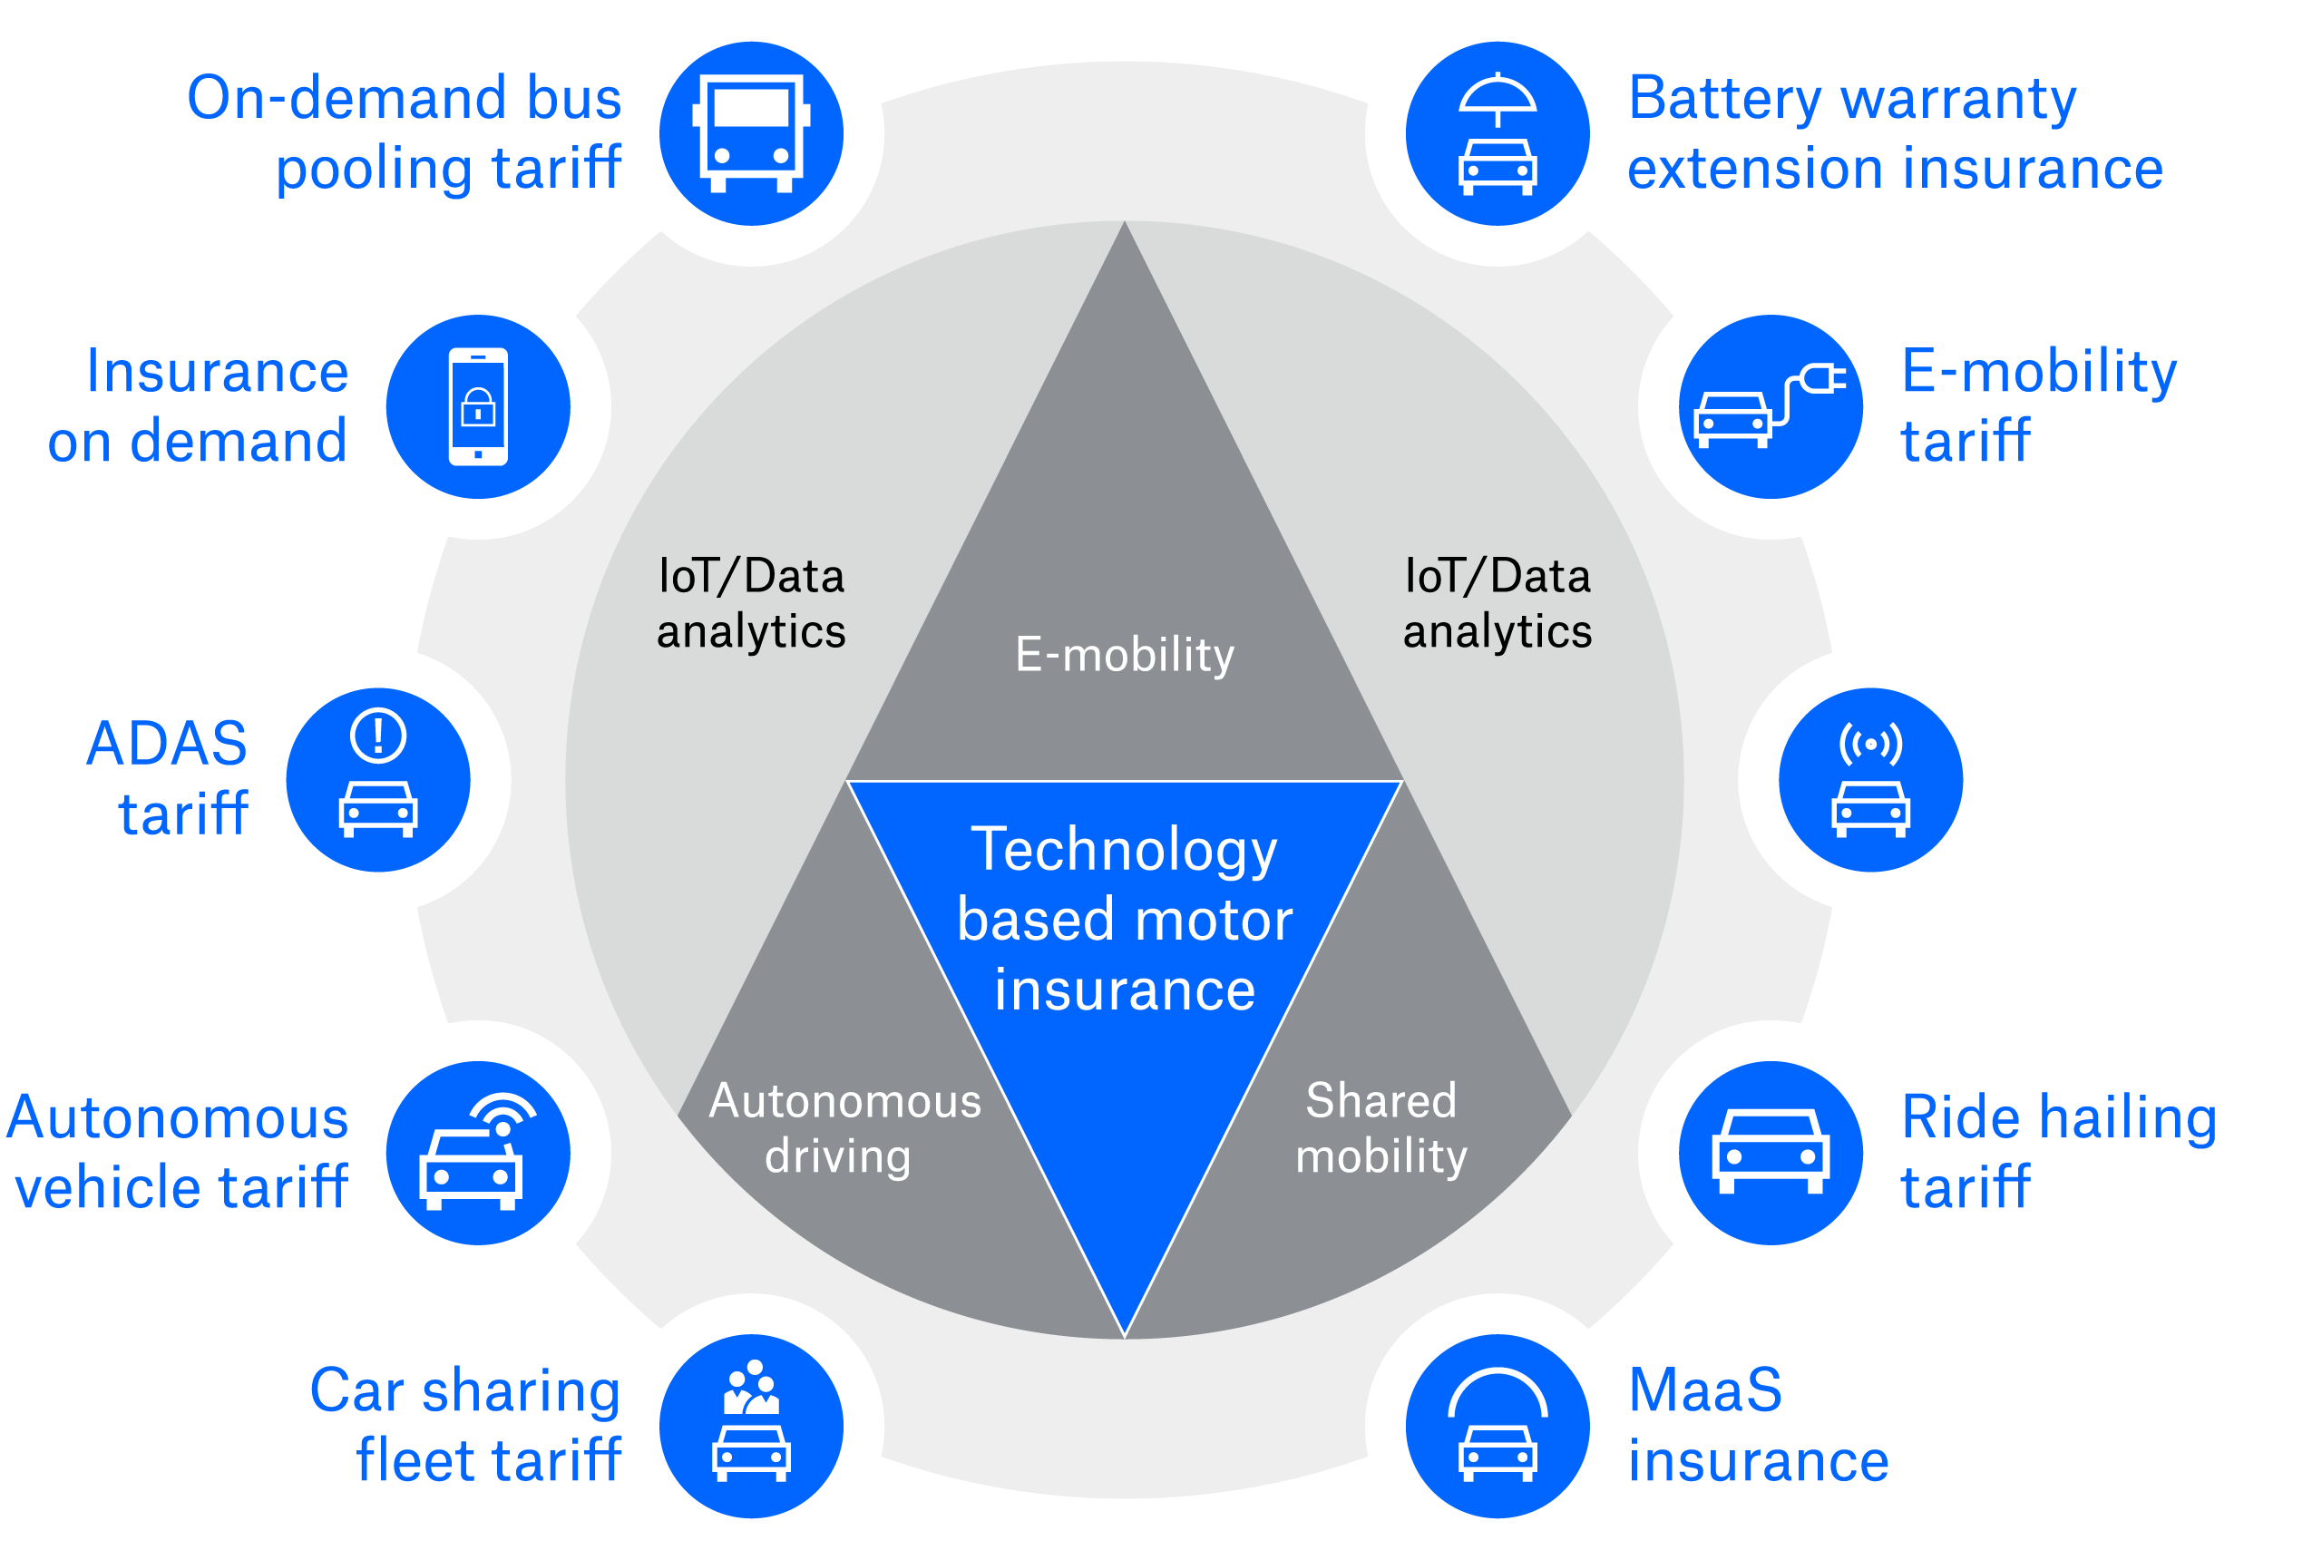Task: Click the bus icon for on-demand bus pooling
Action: tap(751, 132)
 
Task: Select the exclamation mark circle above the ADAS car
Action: tap(378, 736)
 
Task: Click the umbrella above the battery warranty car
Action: tap(1498, 98)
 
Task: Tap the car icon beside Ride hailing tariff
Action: tap(1771, 1151)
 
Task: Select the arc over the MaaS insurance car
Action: tap(1498, 1388)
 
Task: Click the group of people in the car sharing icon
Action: tap(752, 1387)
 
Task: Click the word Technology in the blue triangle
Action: tap(1123, 850)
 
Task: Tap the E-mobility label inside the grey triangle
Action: tap(1124, 655)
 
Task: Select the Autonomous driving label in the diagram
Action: tap(844, 1128)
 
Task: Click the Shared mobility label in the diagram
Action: tap(1381, 1128)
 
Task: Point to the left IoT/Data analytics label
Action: tap(751, 603)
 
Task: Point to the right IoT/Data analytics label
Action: tap(1498, 603)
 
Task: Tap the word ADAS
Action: tap(166, 745)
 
